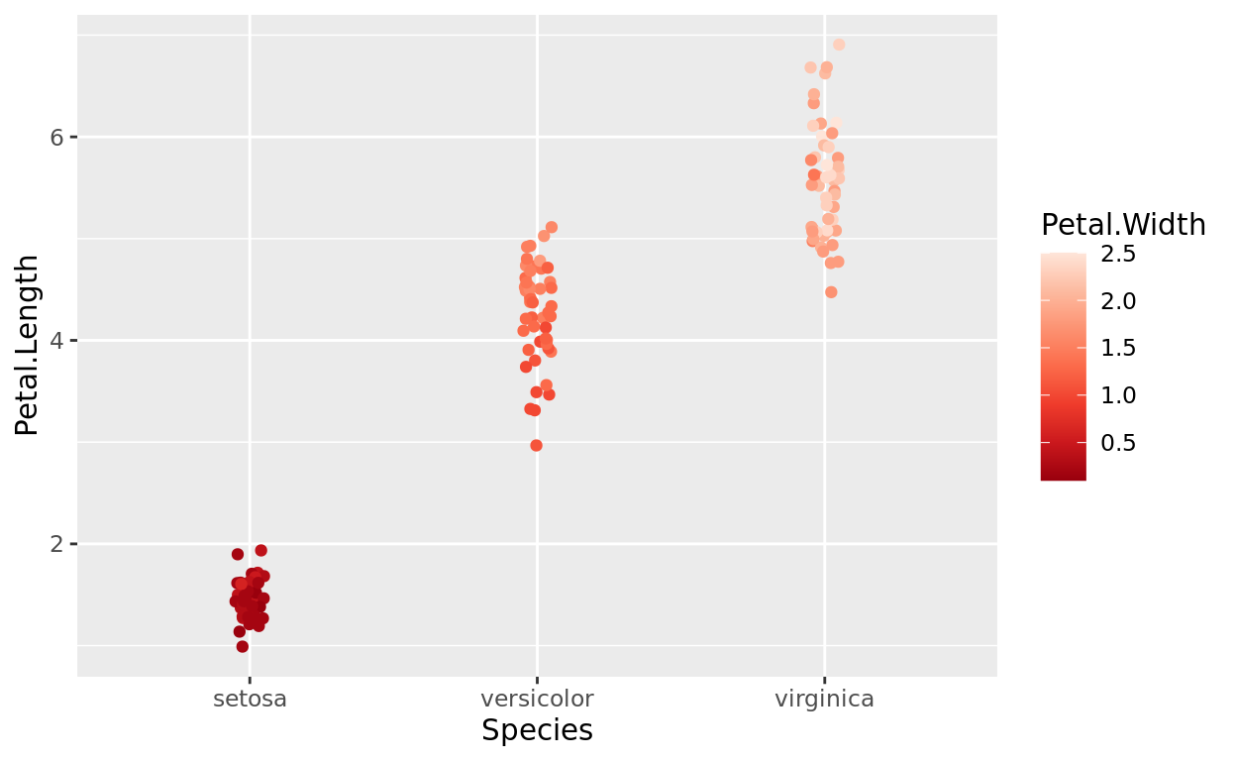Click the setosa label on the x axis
[250, 699]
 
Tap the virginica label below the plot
[824, 699]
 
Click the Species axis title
[537, 730]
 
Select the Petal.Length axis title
[28, 345]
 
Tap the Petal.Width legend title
[1123, 226]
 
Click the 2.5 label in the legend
[1118, 254]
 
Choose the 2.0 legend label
[1118, 300]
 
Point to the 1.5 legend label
[1118, 348]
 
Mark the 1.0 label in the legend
[1118, 395]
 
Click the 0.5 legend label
[1118, 442]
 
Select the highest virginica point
[839, 45]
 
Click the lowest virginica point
[831, 292]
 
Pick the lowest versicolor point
[537, 446]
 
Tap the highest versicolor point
[552, 228]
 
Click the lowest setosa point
[242, 647]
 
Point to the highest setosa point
[261, 551]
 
